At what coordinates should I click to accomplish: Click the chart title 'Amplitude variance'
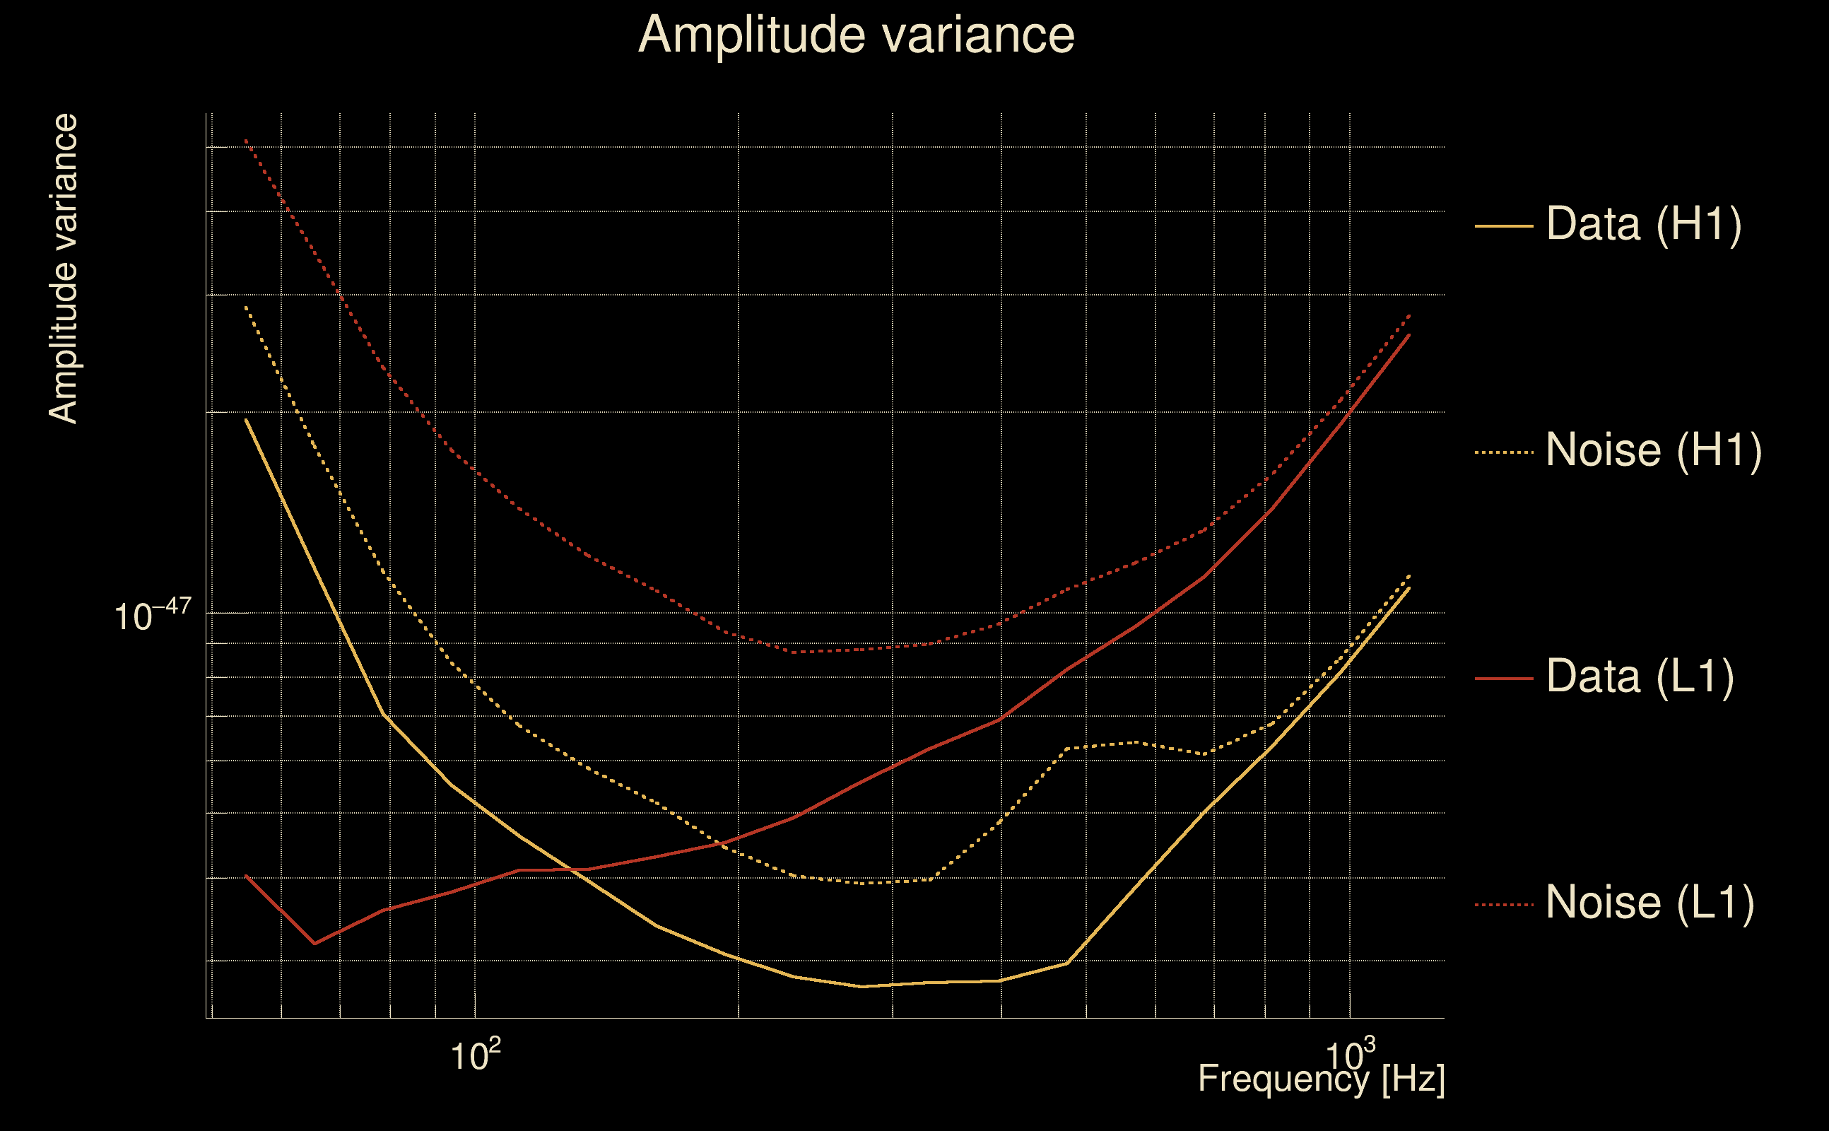click(856, 35)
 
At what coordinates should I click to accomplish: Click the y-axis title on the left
click(63, 269)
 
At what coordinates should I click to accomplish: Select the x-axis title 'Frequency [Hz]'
click(1322, 1079)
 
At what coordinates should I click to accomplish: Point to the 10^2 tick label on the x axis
click(475, 1055)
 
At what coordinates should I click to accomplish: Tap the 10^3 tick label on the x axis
click(1350, 1055)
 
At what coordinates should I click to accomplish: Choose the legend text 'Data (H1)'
click(1644, 223)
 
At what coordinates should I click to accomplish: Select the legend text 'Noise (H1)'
click(1653, 450)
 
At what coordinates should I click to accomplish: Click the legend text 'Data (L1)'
click(1639, 677)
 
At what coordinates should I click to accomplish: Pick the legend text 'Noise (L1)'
click(1649, 903)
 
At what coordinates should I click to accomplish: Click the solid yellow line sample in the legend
click(1503, 225)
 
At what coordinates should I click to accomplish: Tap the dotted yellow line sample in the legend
click(1503, 452)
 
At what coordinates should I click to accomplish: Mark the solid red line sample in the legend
click(1503, 679)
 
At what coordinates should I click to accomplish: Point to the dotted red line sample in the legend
click(1503, 904)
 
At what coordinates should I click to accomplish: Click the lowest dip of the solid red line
click(314, 943)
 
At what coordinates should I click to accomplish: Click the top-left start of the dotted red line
click(246, 140)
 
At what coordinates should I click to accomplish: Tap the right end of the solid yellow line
click(1408, 588)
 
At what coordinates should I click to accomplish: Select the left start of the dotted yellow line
click(246, 307)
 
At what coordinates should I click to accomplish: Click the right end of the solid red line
click(1408, 335)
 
